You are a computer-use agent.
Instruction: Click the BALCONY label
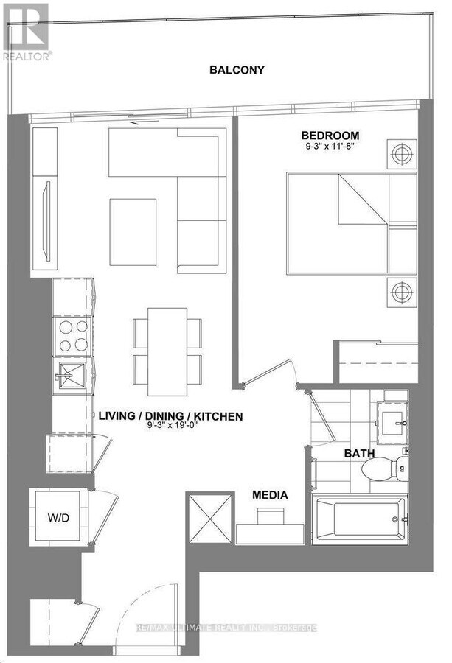(237, 70)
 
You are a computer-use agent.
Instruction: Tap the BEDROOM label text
(330, 136)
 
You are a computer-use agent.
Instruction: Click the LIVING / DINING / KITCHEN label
(170, 417)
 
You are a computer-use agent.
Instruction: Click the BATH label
(359, 455)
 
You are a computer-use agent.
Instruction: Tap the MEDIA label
(270, 496)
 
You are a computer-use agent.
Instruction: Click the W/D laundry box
(59, 518)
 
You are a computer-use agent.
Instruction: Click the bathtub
(359, 519)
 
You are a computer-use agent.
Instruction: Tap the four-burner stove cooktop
(72, 336)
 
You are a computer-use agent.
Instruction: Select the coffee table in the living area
(133, 232)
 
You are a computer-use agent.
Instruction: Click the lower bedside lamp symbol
(400, 292)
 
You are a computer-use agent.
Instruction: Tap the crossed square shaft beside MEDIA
(209, 519)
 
